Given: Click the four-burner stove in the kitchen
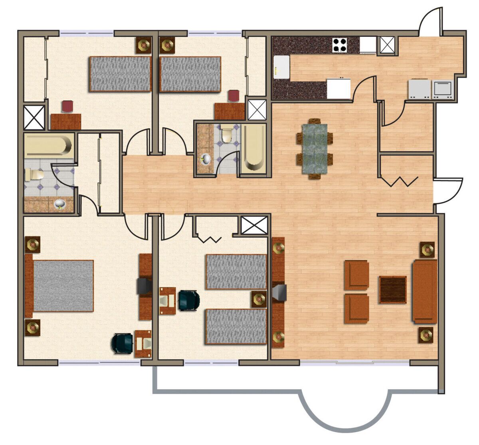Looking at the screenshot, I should coord(340,44).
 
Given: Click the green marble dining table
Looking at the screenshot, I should coord(315,148).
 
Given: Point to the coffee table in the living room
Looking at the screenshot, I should coord(392,289).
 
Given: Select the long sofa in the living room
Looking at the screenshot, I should coord(425,291).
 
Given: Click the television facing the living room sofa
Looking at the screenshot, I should coord(280,292).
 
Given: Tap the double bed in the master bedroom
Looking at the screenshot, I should coord(63,286).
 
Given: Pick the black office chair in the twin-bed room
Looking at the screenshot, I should coord(188,300).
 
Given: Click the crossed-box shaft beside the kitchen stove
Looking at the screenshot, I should coord(387,44).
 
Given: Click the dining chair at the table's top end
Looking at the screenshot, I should coord(315,121).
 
